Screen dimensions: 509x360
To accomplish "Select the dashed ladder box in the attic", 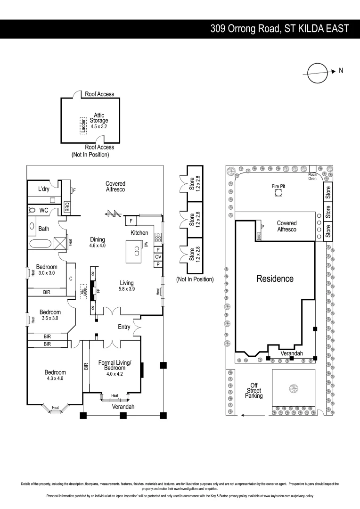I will click(82, 126).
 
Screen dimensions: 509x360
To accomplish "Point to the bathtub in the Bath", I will click(41, 244).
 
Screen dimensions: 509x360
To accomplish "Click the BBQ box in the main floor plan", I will click(67, 206).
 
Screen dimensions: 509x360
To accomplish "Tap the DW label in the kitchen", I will click(147, 244).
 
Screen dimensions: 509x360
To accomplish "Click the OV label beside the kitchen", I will click(158, 257).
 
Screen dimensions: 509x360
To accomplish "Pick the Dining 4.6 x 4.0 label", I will click(98, 242).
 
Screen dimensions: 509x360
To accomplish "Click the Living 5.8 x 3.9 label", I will click(127, 286).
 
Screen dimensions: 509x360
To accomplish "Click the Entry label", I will click(124, 327).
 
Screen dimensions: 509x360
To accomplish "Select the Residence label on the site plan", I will click(275, 279).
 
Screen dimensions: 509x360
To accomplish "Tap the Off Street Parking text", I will click(254, 391).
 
